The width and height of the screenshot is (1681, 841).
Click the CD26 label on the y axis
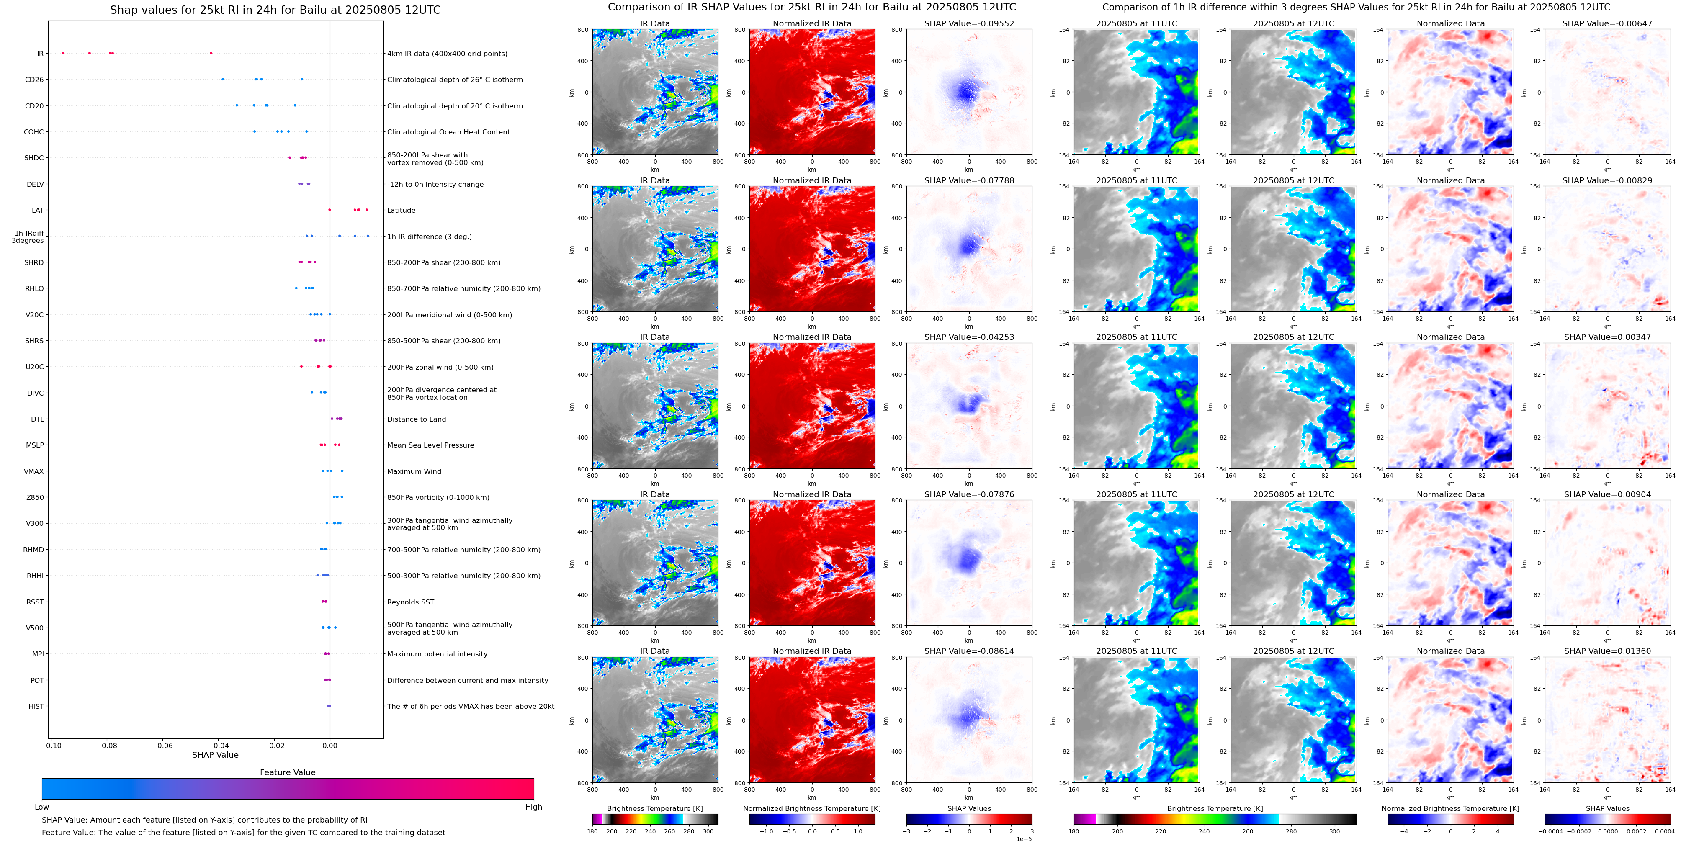34,80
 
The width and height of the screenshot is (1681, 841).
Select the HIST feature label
36,706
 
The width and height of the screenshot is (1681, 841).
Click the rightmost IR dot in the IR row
211,53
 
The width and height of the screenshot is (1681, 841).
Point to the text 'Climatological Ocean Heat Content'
448,132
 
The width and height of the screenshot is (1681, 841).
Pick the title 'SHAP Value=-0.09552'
969,23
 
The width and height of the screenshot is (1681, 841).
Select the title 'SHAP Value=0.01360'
1607,651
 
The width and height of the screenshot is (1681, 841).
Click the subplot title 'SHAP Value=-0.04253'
969,337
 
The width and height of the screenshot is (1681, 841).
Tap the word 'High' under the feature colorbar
534,807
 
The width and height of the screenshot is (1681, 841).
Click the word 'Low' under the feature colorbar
42,807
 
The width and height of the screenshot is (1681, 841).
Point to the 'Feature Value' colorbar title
288,772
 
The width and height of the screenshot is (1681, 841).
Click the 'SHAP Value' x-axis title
215,755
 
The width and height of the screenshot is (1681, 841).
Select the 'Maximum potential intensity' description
437,654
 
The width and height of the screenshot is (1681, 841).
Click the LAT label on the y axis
38,210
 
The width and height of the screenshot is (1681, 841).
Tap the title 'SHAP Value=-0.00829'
1607,181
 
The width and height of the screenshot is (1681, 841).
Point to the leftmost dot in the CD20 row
237,105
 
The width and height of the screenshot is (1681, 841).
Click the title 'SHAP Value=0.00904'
1607,494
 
